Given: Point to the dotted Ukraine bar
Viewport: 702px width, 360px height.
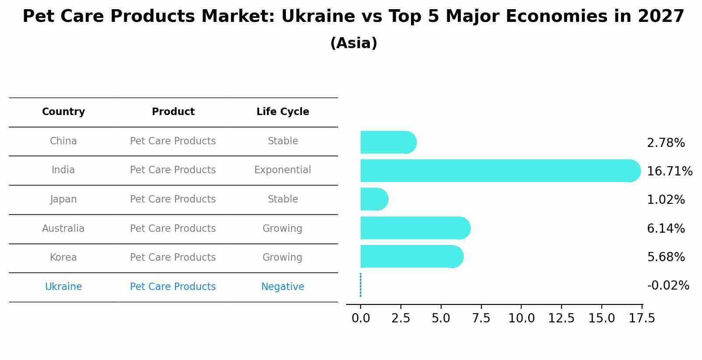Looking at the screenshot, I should (361, 285).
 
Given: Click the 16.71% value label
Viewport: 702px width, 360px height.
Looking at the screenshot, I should (669, 171).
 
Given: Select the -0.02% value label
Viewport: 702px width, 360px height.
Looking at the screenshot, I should (668, 286).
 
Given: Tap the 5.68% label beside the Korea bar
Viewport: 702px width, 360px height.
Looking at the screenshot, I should (666, 257).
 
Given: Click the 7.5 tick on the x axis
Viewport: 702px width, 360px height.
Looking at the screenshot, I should (481, 318).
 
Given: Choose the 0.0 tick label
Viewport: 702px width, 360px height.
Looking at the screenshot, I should (361, 318).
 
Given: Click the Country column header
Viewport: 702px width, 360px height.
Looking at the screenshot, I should (63, 112).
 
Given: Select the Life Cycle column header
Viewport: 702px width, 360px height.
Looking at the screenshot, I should (283, 112).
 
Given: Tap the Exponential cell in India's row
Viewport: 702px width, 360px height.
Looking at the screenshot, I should (283, 170).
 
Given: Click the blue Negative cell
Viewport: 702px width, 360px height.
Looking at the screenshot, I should (283, 287).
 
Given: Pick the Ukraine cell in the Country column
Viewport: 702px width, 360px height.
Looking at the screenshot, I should (63, 287).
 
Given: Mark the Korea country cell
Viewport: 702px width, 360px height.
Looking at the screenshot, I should (63, 257).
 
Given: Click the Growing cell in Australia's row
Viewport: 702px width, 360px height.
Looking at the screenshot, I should (282, 228).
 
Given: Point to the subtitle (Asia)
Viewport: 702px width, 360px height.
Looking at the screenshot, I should (354, 43).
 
